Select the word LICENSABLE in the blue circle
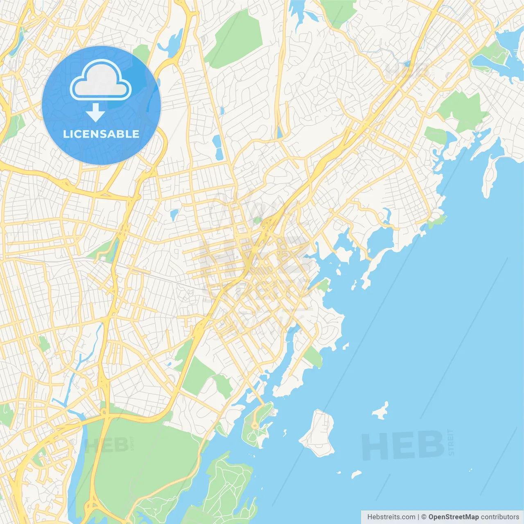click(x=101, y=134)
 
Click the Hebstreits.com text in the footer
click(x=391, y=517)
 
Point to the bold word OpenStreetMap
click(x=453, y=517)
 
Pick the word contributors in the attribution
click(x=500, y=517)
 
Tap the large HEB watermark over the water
click(x=403, y=445)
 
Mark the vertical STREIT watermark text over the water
click(x=451, y=442)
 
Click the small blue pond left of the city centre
click(x=174, y=215)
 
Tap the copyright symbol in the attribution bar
click(x=424, y=517)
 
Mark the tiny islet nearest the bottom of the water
click(x=356, y=474)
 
